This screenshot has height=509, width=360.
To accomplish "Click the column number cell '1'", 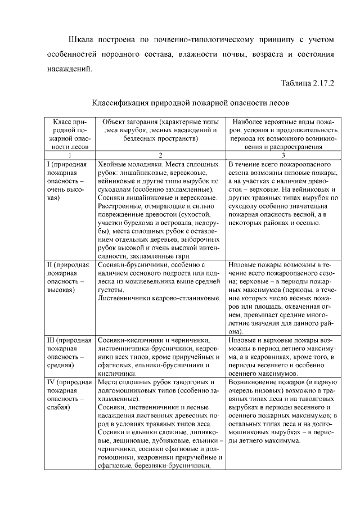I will pyautogui.click(x=69, y=155).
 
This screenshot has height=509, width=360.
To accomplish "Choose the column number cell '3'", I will pyautogui.click(x=283, y=155).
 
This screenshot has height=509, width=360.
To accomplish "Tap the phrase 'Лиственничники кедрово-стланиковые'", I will pyautogui.click(x=159, y=297).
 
